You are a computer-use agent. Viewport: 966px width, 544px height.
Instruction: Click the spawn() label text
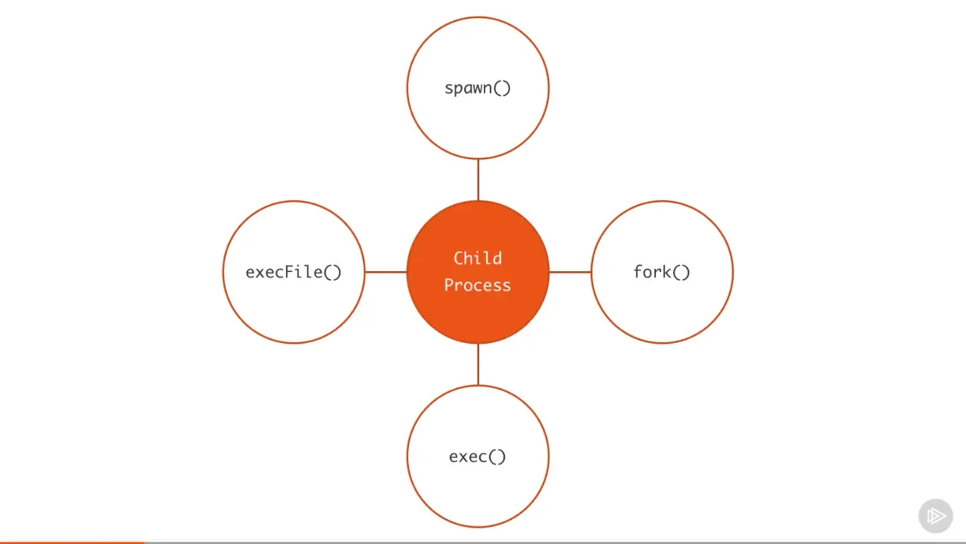point(478,88)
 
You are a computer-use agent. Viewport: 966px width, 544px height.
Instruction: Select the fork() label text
point(661,272)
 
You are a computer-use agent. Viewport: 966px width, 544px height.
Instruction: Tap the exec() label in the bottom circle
point(478,456)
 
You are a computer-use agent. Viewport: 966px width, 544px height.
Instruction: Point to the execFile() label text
point(294,272)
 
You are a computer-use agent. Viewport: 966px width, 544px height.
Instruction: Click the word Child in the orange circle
point(478,258)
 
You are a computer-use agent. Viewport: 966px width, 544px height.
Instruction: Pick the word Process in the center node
point(478,285)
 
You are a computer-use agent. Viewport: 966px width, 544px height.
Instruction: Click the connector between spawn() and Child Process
point(478,180)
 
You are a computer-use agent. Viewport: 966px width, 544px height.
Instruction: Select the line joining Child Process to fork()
point(570,272)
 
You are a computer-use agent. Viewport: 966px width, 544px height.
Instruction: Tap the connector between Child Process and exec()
point(478,364)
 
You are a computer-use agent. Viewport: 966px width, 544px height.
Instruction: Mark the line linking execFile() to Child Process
point(386,272)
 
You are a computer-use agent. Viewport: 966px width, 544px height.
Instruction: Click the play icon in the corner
point(936,516)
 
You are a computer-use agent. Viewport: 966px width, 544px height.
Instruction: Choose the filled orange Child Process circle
point(478,312)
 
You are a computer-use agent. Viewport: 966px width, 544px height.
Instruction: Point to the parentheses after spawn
point(502,88)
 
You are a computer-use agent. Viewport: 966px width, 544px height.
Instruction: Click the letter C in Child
point(459,258)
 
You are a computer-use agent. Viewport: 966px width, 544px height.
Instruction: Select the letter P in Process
point(450,285)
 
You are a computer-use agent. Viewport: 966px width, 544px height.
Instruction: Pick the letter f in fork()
point(638,272)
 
